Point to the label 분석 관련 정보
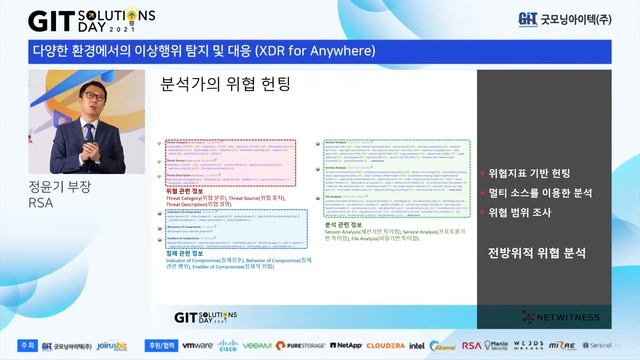[x=347, y=225]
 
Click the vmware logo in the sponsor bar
[x=197, y=345]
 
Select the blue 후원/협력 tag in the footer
[x=159, y=345]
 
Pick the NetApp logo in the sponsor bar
[x=345, y=345]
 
